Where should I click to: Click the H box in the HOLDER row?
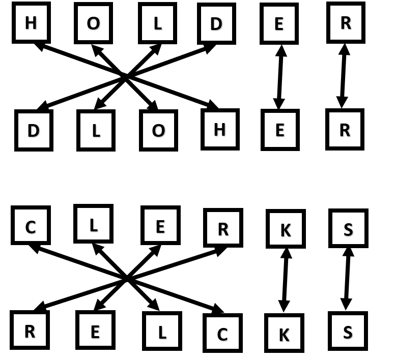(x=31, y=22)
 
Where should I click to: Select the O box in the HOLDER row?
(x=93, y=23)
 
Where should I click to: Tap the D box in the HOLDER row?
(x=216, y=23)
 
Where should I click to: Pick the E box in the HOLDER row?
(x=279, y=23)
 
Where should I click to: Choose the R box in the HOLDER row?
(x=346, y=22)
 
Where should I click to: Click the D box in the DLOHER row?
(x=34, y=130)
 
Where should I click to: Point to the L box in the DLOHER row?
(x=96, y=130)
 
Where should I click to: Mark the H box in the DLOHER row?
(x=220, y=129)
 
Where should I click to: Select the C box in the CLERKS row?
(x=31, y=225)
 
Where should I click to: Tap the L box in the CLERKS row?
(x=93, y=224)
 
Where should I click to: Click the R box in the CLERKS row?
(x=223, y=228)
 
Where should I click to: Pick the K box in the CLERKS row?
(x=286, y=229)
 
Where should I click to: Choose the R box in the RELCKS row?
(x=30, y=330)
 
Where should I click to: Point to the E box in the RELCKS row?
(x=95, y=331)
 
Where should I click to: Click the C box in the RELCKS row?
(x=222, y=333)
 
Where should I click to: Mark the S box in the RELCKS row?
(x=348, y=331)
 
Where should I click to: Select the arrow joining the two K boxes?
(x=285, y=280)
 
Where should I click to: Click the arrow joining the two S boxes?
(x=348, y=278)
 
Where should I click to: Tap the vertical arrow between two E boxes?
(x=280, y=76)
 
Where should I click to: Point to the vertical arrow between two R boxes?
(x=344, y=75)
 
